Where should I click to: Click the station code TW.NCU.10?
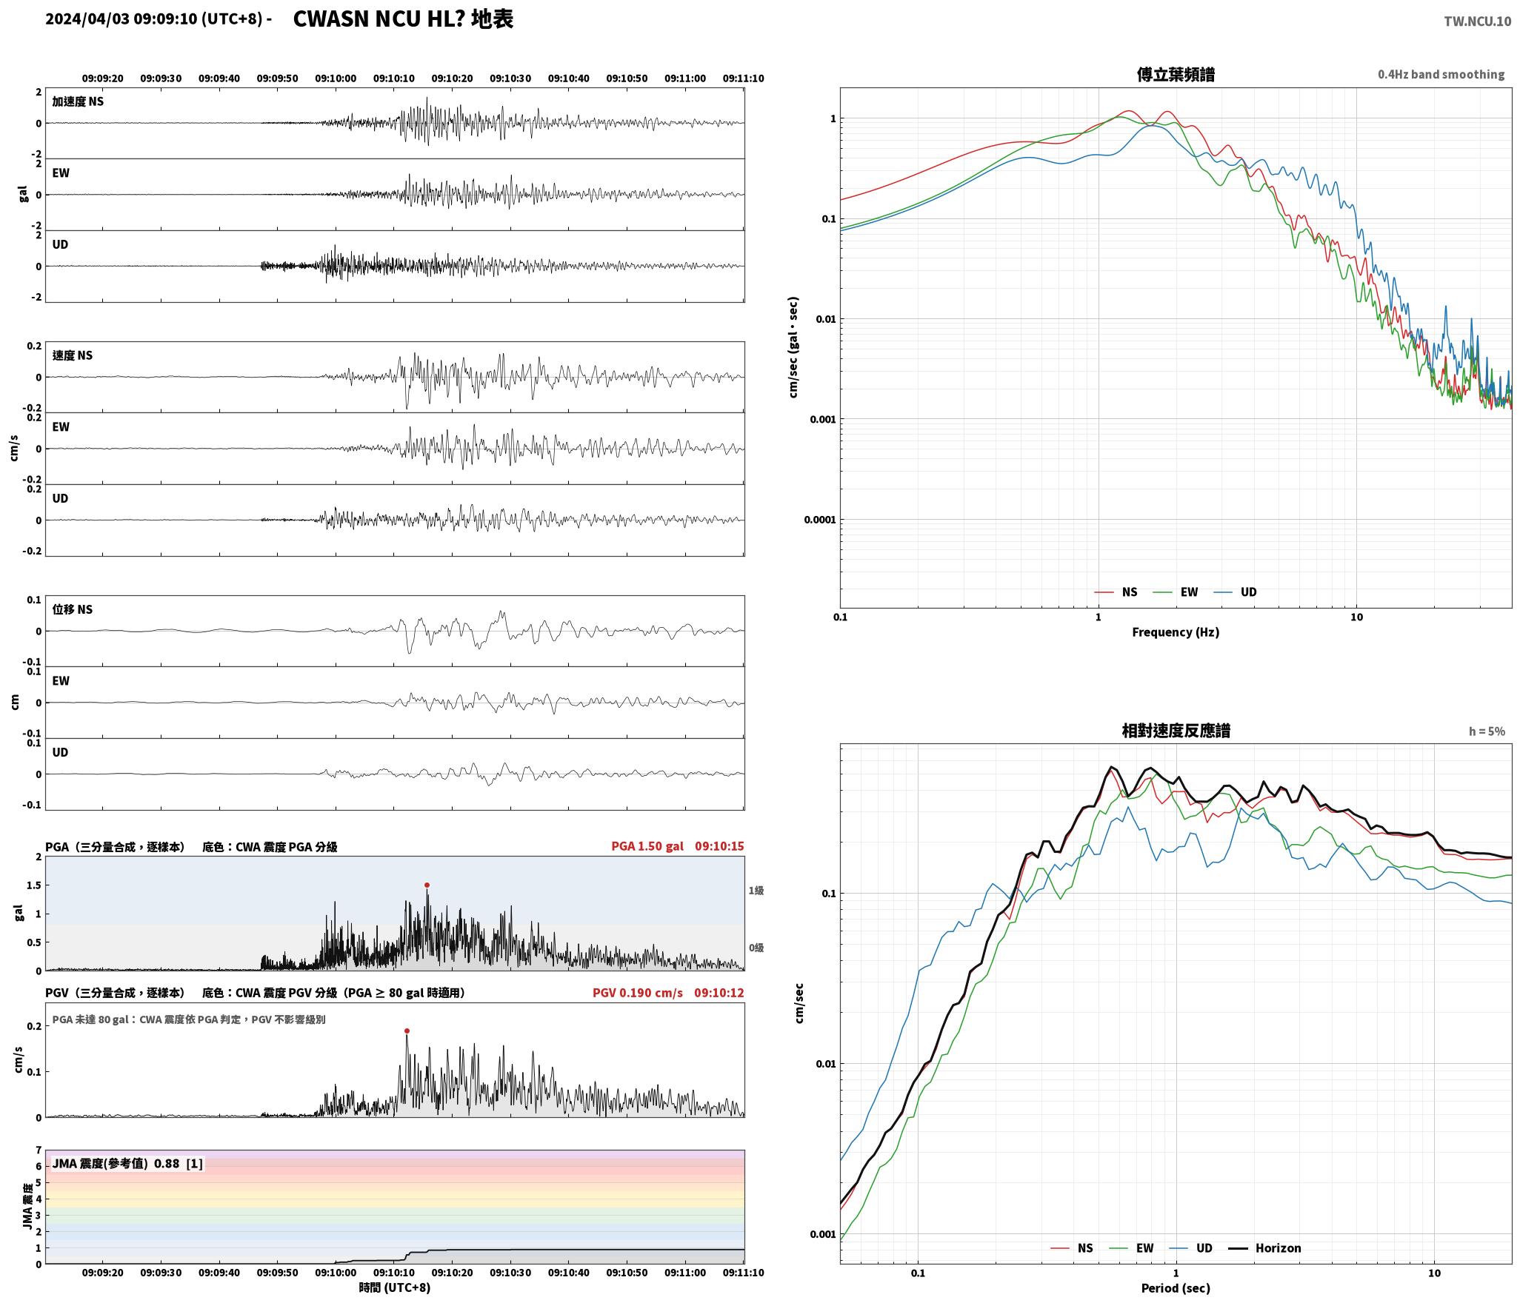tap(1477, 21)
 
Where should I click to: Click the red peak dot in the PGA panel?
tap(427, 885)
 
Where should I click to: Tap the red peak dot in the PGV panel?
tap(407, 1031)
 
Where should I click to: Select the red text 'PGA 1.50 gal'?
tap(647, 846)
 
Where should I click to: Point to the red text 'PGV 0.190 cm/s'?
tap(638, 993)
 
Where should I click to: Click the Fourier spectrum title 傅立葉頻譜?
tap(1176, 74)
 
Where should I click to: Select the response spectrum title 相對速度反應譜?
tap(1176, 731)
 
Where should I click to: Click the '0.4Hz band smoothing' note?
tap(1441, 75)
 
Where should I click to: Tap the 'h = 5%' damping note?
tap(1487, 731)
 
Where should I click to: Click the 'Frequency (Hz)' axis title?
tap(1176, 632)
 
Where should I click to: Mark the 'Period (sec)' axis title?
tap(1176, 1288)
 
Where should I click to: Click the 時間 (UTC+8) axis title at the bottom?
tap(395, 1287)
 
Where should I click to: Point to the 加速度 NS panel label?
tap(78, 102)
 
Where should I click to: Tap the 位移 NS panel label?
tap(73, 609)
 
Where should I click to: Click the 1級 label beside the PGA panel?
tap(756, 891)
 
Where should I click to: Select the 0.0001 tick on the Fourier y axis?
tap(819, 520)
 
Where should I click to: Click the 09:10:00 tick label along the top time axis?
tap(336, 78)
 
